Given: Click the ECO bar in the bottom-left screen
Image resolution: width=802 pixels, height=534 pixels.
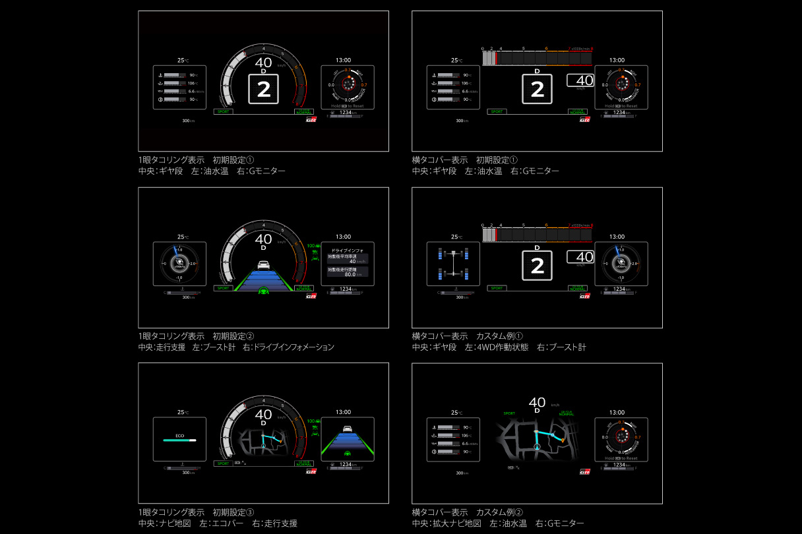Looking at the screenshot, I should (179, 440).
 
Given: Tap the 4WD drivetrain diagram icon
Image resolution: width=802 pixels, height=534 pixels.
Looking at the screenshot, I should (452, 264).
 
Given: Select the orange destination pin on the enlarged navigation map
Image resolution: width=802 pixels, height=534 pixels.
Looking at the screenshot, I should (563, 440).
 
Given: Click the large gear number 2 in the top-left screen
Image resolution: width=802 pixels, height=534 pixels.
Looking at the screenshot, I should (263, 90).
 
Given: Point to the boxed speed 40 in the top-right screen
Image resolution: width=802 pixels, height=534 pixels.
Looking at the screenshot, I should (580, 81).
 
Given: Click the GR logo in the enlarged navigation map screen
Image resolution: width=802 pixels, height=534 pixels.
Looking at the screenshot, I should (584, 471).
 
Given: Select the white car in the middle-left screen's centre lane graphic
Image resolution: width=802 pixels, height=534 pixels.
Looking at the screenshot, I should (263, 265).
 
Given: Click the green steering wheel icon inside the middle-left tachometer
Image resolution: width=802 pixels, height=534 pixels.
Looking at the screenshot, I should (263, 290).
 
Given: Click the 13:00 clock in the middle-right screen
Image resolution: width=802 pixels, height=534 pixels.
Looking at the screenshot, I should (617, 237).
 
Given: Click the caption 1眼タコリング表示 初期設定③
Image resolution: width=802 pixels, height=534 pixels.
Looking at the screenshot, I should (196, 512).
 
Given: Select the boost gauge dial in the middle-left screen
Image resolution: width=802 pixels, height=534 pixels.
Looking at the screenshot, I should (179, 263).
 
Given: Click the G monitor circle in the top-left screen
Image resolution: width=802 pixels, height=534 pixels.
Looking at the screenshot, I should (348, 84).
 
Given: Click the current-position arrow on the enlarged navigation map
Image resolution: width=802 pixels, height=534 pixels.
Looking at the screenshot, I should (536, 446).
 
